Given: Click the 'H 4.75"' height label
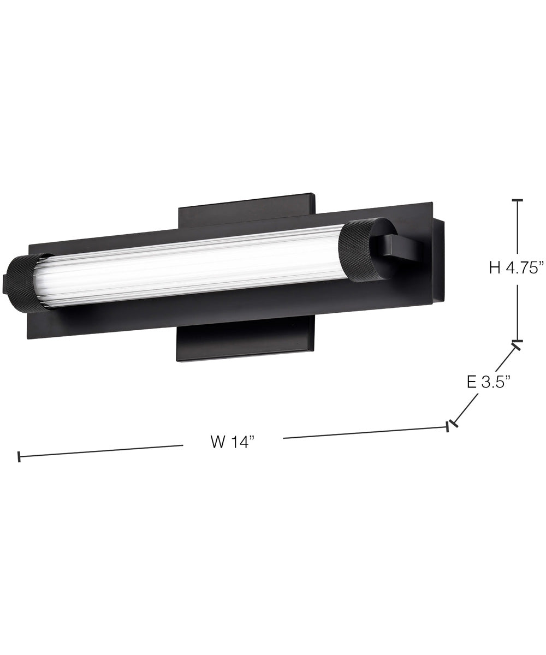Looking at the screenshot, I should click(x=517, y=267).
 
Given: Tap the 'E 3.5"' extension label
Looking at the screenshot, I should click(x=488, y=382).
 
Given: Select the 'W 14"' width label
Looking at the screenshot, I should click(x=233, y=441).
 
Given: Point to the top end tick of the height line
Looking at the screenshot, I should click(x=517, y=201).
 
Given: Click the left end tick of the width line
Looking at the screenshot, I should click(x=19, y=456).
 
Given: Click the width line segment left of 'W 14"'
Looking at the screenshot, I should click(x=101, y=451).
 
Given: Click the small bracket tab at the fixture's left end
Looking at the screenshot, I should click(x=5, y=284).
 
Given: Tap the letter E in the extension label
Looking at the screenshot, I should click(x=472, y=382).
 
